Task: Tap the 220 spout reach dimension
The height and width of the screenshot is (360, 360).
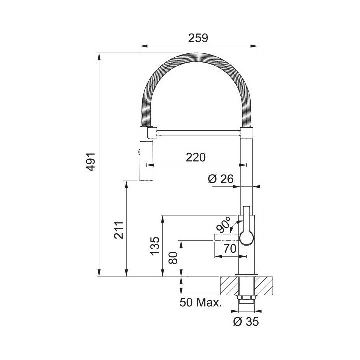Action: tap(196, 157)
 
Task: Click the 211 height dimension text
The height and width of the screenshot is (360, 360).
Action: tap(118, 229)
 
